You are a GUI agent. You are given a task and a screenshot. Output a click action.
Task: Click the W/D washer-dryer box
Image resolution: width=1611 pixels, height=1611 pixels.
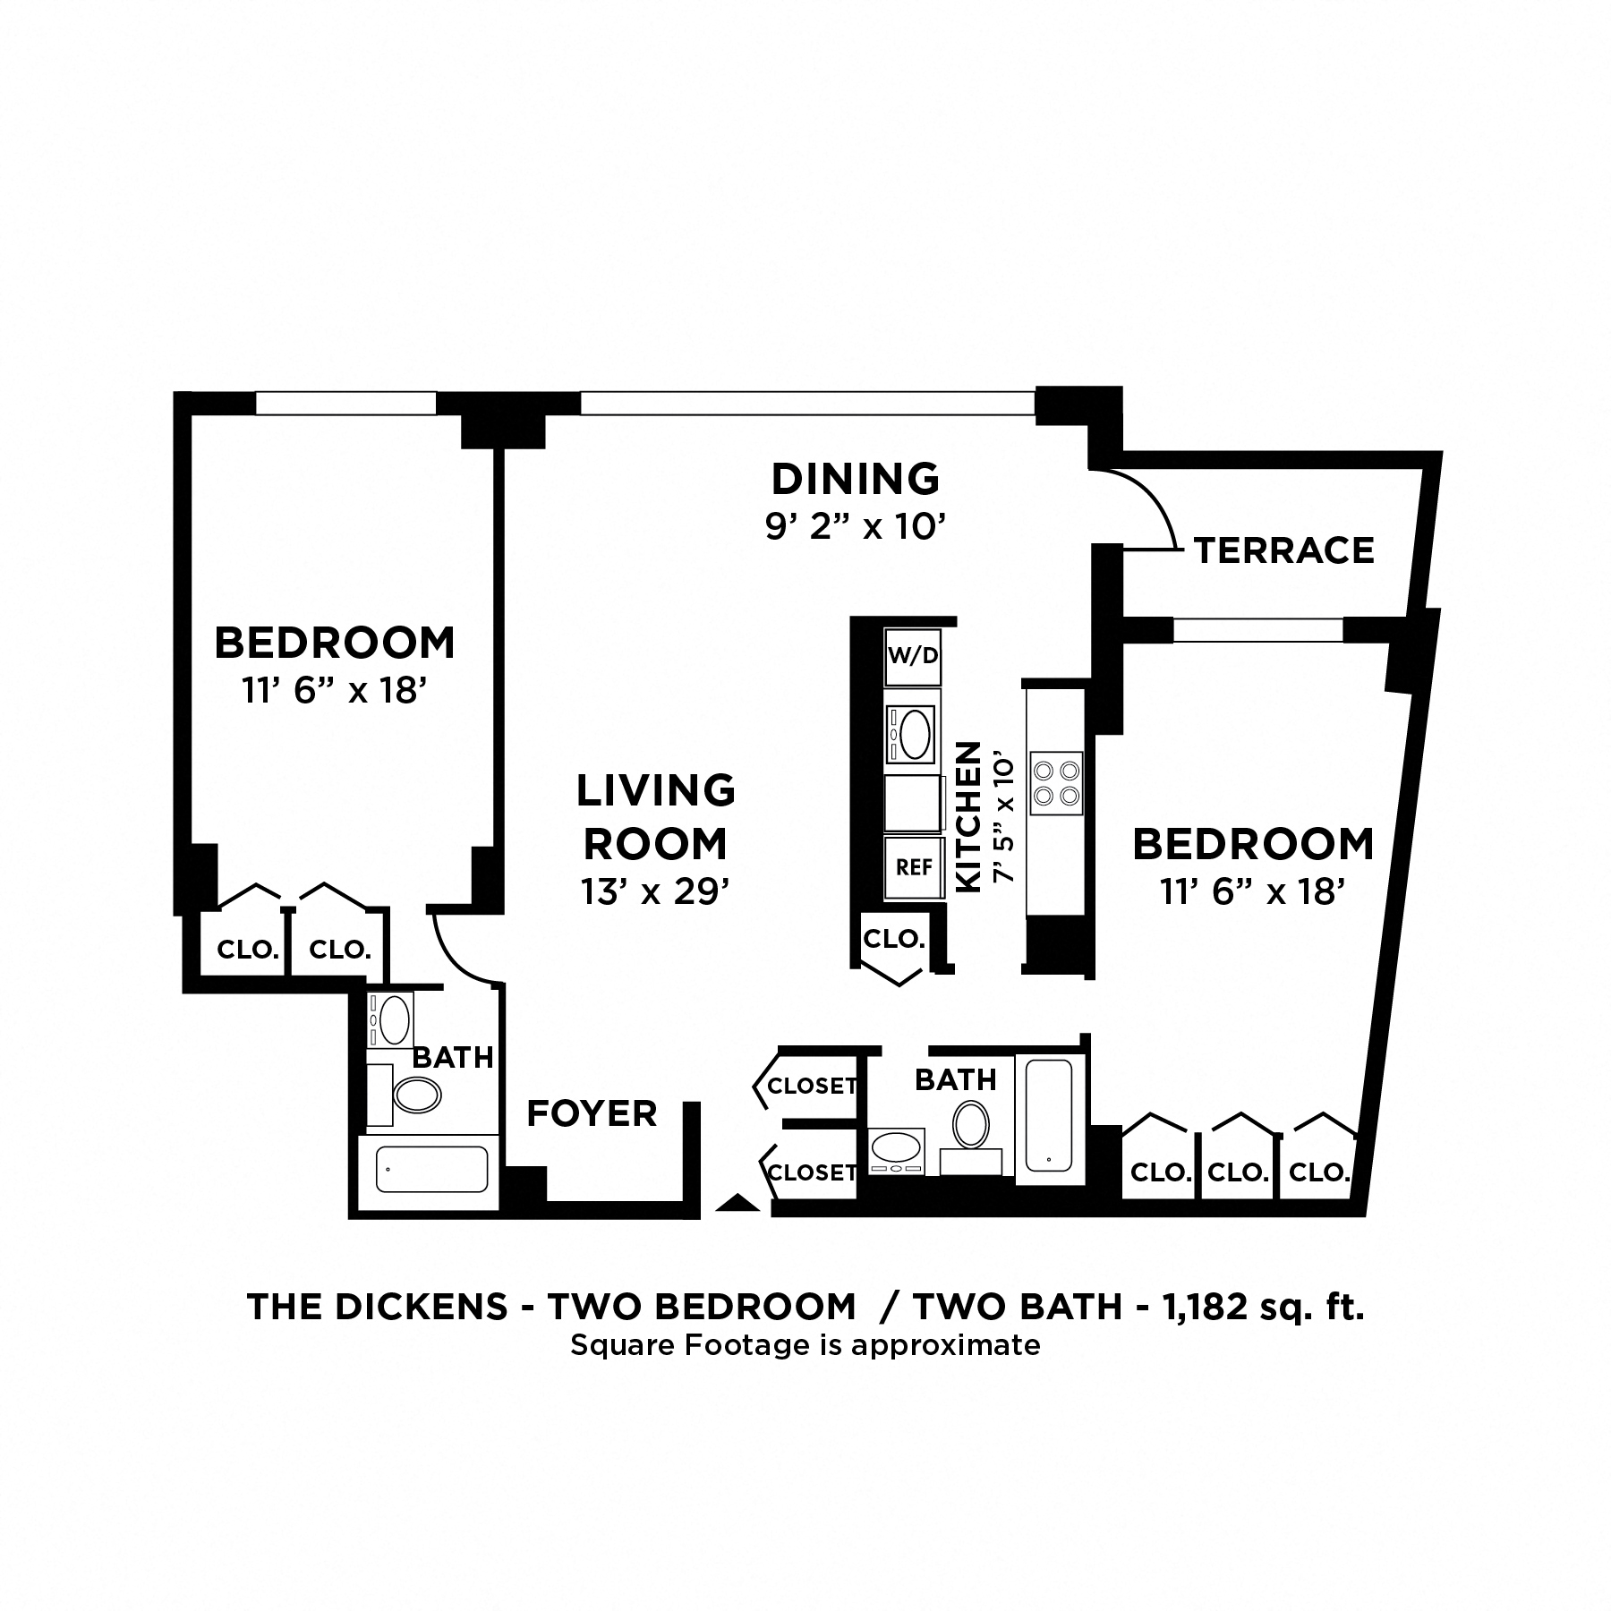912,656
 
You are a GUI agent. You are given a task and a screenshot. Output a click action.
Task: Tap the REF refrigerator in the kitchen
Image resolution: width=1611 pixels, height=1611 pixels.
913,866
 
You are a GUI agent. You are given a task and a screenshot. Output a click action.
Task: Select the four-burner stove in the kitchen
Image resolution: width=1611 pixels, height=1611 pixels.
1056,783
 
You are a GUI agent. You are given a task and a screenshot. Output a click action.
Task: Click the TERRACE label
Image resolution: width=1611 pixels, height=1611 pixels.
1283,550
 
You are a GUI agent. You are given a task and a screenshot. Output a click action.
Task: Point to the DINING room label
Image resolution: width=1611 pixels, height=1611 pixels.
855,479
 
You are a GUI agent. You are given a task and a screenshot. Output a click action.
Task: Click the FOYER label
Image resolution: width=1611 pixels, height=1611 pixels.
592,1113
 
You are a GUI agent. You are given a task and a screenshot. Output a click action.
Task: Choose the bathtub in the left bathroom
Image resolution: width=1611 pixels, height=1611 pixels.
431,1169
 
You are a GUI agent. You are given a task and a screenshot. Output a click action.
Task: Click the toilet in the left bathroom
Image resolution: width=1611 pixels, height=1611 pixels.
417,1095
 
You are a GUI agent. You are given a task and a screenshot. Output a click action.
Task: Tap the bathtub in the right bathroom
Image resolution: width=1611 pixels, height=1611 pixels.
1049,1115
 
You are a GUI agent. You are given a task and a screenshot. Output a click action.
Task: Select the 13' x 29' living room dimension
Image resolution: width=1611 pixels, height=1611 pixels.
655,891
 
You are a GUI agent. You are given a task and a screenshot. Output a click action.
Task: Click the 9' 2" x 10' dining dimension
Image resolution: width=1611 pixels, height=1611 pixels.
855,527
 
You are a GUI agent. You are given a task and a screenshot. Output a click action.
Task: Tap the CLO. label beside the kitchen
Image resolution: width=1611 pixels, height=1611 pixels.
893,939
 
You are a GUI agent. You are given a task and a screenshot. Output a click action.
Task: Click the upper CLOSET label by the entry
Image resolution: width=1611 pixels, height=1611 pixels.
812,1086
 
